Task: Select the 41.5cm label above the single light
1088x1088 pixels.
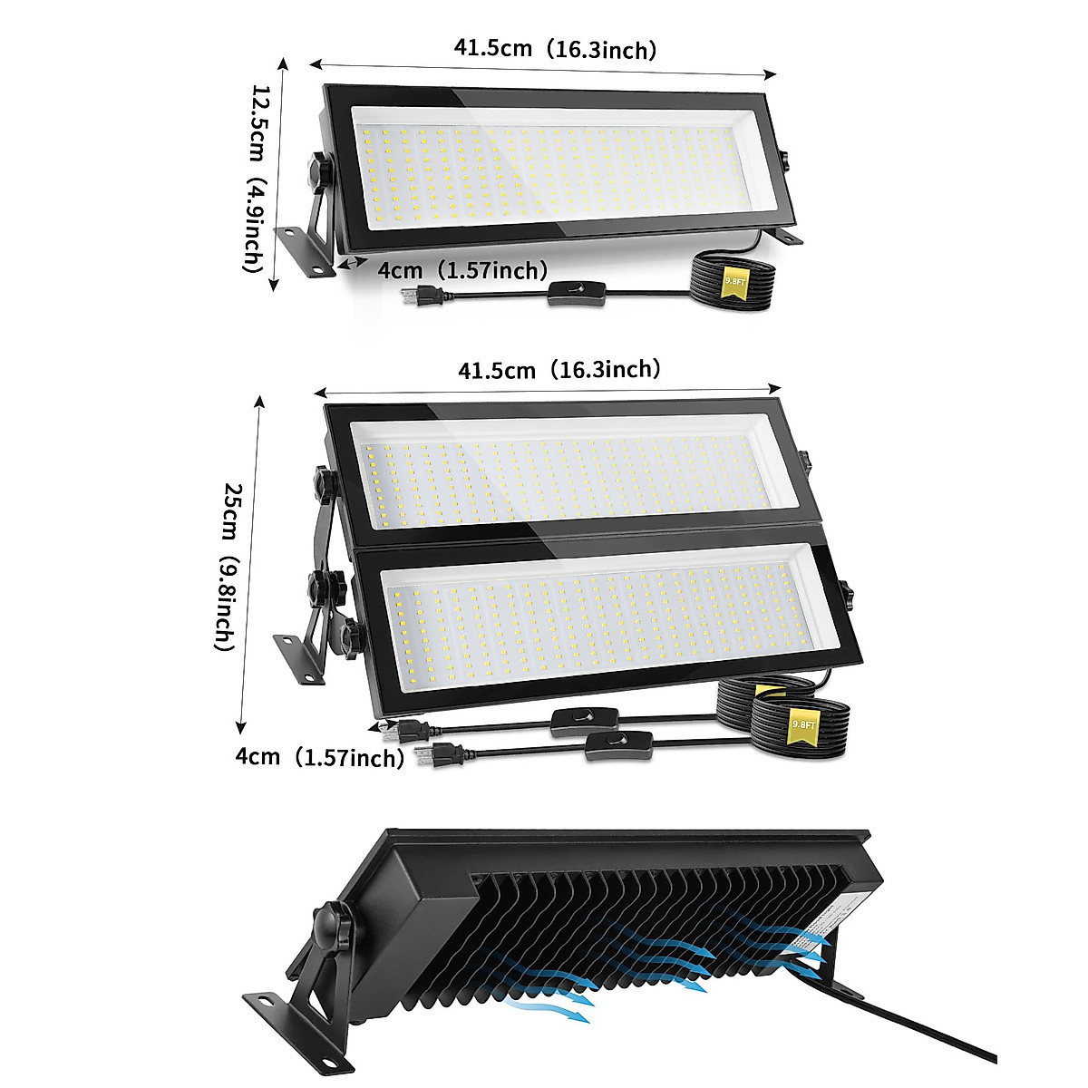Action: pos(555,50)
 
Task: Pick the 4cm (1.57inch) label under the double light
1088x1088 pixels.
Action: pos(318,756)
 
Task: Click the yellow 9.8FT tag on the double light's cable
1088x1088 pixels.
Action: pos(801,726)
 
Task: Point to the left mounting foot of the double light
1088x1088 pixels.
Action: pos(299,658)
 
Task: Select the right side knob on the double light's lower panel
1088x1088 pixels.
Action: pos(848,595)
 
